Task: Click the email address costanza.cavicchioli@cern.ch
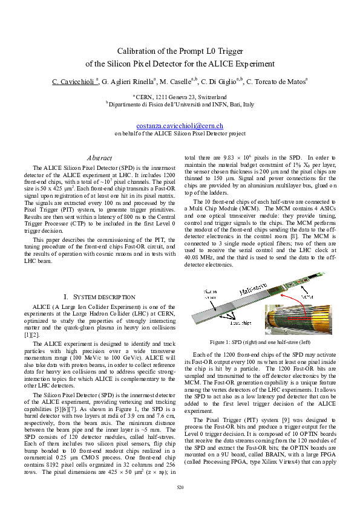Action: tap(180, 125)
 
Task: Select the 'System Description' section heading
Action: tap(99, 297)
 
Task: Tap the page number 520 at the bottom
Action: tap(180, 487)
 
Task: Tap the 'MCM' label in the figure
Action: tap(307, 297)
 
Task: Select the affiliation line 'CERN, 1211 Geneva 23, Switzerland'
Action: tap(180, 96)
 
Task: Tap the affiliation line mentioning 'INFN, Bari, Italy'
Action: tap(180, 104)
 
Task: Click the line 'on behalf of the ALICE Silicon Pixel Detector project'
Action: tap(180, 133)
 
